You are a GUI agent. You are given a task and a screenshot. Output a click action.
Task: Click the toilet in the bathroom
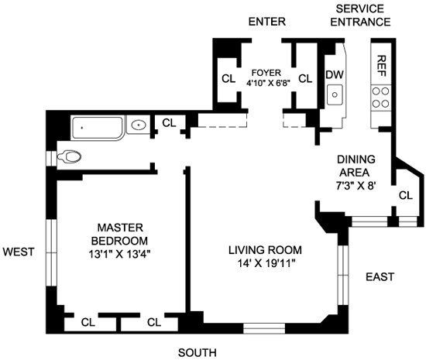[69, 156]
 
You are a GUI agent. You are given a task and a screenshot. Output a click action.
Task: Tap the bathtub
[98, 129]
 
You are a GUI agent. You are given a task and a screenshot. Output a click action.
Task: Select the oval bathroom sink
[139, 125]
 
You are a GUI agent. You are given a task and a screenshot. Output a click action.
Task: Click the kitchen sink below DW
[335, 94]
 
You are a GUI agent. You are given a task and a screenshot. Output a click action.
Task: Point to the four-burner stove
[381, 98]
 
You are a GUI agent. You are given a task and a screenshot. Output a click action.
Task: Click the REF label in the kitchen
[382, 66]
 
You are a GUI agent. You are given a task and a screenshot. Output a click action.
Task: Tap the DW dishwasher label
[335, 74]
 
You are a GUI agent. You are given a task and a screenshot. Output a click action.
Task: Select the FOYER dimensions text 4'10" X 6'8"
[269, 83]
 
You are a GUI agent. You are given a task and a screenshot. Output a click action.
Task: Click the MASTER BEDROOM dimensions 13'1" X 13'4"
[119, 255]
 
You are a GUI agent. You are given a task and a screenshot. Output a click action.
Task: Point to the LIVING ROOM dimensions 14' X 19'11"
[266, 263]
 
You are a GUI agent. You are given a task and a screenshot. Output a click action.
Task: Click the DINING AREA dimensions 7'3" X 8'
[356, 186]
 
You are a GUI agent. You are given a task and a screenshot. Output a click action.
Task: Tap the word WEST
[19, 252]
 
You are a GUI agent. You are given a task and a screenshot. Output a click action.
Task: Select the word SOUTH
[198, 353]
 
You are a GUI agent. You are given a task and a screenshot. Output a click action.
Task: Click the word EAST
[380, 277]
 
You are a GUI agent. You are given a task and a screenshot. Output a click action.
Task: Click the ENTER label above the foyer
[267, 22]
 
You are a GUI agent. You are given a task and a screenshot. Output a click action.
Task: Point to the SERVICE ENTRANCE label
[360, 15]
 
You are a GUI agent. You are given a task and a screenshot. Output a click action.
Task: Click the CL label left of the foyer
[228, 79]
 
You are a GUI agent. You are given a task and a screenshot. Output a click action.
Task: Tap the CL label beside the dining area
[406, 195]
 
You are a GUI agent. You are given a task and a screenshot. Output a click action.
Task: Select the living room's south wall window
[264, 328]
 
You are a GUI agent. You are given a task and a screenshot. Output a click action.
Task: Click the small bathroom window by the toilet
[51, 158]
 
